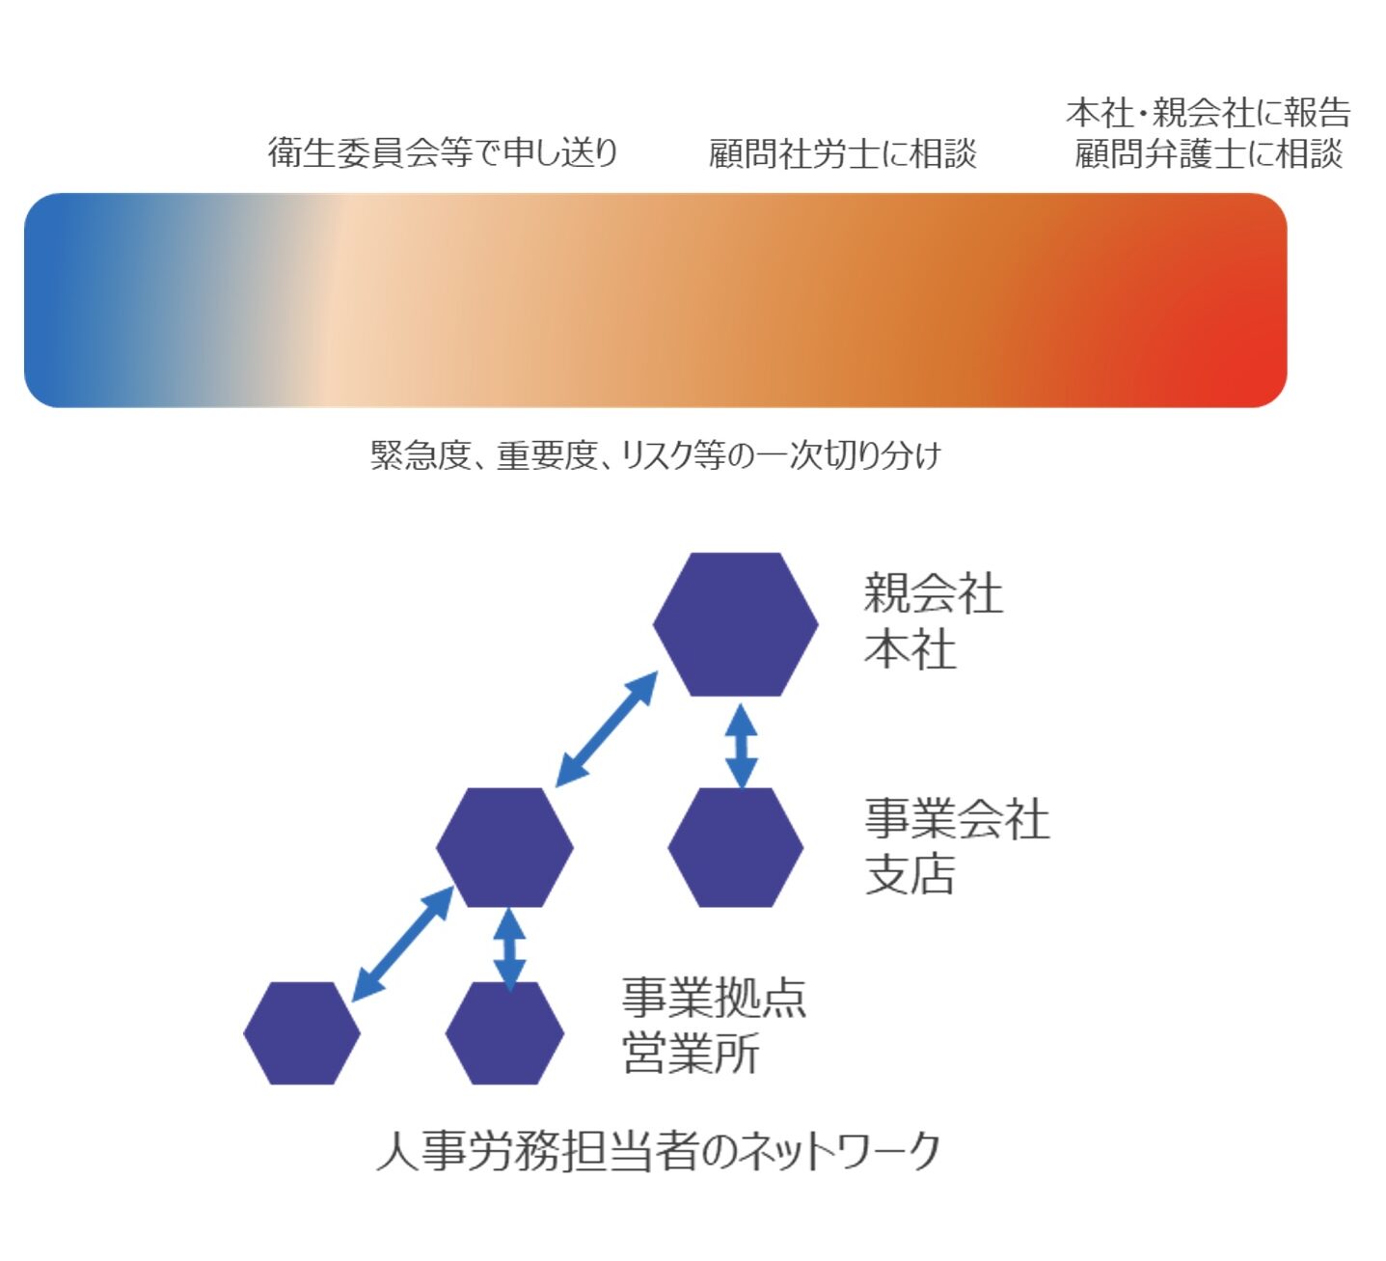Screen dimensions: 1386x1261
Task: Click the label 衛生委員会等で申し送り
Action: click(443, 152)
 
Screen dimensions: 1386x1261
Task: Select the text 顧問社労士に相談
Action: click(842, 153)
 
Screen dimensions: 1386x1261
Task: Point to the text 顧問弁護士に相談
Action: click(1209, 153)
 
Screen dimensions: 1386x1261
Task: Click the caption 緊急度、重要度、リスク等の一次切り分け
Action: click(656, 455)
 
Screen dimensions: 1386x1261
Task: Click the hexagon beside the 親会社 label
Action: click(735, 624)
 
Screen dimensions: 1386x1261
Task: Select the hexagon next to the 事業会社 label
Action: click(735, 847)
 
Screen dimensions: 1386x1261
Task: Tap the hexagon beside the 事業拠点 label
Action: click(504, 1033)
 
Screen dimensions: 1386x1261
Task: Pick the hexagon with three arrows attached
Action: click(504, 847)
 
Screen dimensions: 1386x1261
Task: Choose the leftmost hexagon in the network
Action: click(302, 1033)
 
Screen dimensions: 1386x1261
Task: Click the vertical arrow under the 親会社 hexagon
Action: click(742, 746)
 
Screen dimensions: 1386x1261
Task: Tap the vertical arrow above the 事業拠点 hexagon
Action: click(510, 950)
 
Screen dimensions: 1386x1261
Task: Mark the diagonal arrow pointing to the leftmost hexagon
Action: click(402, 944)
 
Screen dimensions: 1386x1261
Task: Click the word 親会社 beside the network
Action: click(933, 594)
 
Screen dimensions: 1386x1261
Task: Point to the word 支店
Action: click(910, 874)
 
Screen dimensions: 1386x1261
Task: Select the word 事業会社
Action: click(957, 818)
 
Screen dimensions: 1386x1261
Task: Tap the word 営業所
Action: click(691, 1054)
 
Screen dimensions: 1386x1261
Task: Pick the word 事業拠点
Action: click(715, 998)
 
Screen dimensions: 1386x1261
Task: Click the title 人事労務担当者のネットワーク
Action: click(658, 1153)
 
